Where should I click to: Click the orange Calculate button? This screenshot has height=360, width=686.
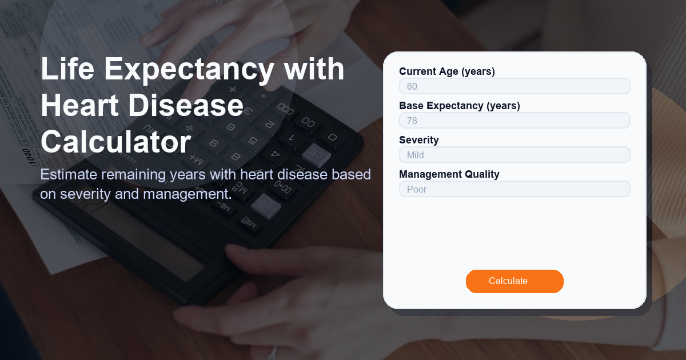coord(514,281)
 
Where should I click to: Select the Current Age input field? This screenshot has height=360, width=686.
coord(514,86)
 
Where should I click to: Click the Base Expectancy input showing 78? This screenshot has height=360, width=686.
coord(514,121)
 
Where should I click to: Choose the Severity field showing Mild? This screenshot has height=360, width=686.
coord(514,155)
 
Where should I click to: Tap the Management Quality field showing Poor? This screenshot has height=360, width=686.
coord(514,189)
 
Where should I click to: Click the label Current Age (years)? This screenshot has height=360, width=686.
coord(447,71)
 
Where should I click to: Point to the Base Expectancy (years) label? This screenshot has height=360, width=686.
coord(460,106)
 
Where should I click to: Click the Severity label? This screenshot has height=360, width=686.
coord(419,140)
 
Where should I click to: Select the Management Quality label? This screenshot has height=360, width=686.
coord(449,174)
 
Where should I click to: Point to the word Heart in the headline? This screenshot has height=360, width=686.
coord(79,106)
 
